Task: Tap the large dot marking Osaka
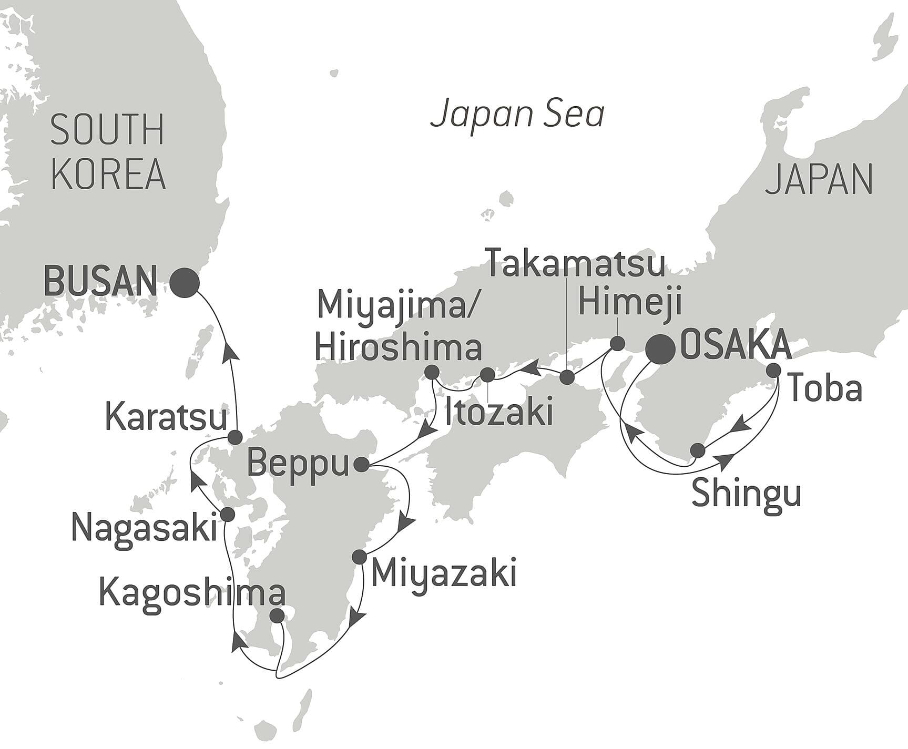point(660,349)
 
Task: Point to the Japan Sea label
point(517,115)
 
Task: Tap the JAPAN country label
point(819,180)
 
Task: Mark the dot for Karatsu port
point(235,437)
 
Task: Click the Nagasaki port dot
point(228,514)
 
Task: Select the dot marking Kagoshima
point(277,615)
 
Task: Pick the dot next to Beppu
point(362,465)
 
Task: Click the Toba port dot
point(773,370)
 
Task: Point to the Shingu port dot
point(697,450)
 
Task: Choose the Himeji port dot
point(617,344)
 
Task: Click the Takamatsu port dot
point(567,377)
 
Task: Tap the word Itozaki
point(498,413)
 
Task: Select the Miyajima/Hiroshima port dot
point(431,373)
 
